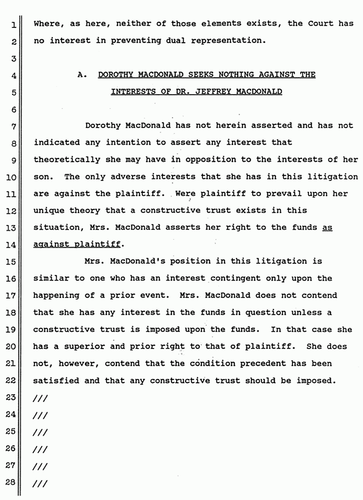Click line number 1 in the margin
click(14, 24)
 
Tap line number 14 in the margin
click(11, 245)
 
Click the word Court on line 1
click(321, 24)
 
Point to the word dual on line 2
click(186, 41)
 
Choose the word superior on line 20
click(91, 346)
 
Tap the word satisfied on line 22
click(57, 380)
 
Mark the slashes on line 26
click(40, 449)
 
